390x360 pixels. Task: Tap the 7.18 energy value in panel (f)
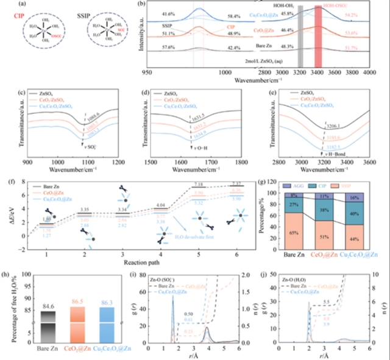pyautogui.click(x=214, y=183)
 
